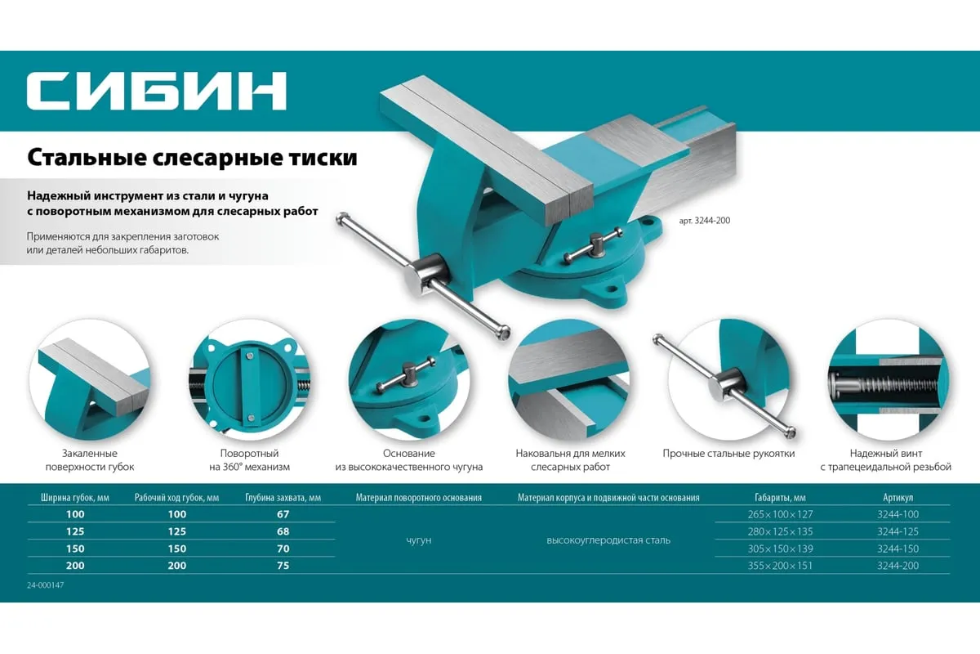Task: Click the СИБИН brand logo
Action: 157,91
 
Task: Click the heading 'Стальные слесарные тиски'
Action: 192,158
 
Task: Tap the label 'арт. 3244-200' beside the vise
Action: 704,221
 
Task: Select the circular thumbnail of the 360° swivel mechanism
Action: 249,380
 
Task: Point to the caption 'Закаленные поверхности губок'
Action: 90,460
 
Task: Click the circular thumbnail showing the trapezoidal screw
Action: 889,380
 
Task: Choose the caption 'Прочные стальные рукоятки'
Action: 728,454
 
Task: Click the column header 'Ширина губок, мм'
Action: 75,498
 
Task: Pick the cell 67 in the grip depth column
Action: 283,514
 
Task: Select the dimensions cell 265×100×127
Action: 780,514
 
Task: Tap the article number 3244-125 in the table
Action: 898,531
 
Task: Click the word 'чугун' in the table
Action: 419,540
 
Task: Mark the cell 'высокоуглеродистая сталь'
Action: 608,540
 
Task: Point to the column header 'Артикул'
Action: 898,498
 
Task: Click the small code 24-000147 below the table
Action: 46,585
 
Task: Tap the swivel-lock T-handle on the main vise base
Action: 595,246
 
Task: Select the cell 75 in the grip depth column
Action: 283,566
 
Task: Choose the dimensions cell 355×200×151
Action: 780,566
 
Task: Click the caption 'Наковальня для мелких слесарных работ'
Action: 571,460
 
